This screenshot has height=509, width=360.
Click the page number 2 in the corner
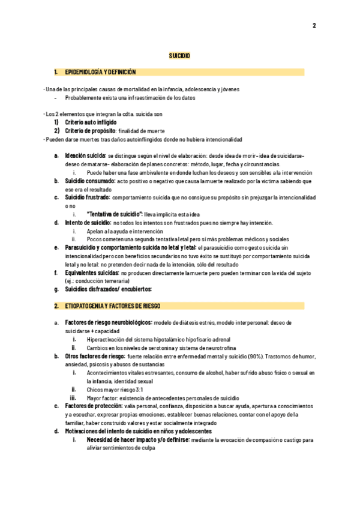pos(314,25)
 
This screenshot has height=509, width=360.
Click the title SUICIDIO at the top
pos(179,55)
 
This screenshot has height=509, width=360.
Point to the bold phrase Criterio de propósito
pos(89,130)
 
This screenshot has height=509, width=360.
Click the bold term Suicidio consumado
pos(90,181)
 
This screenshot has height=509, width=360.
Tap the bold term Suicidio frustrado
pos(88,197)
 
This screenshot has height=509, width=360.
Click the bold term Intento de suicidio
pos(84,223)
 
